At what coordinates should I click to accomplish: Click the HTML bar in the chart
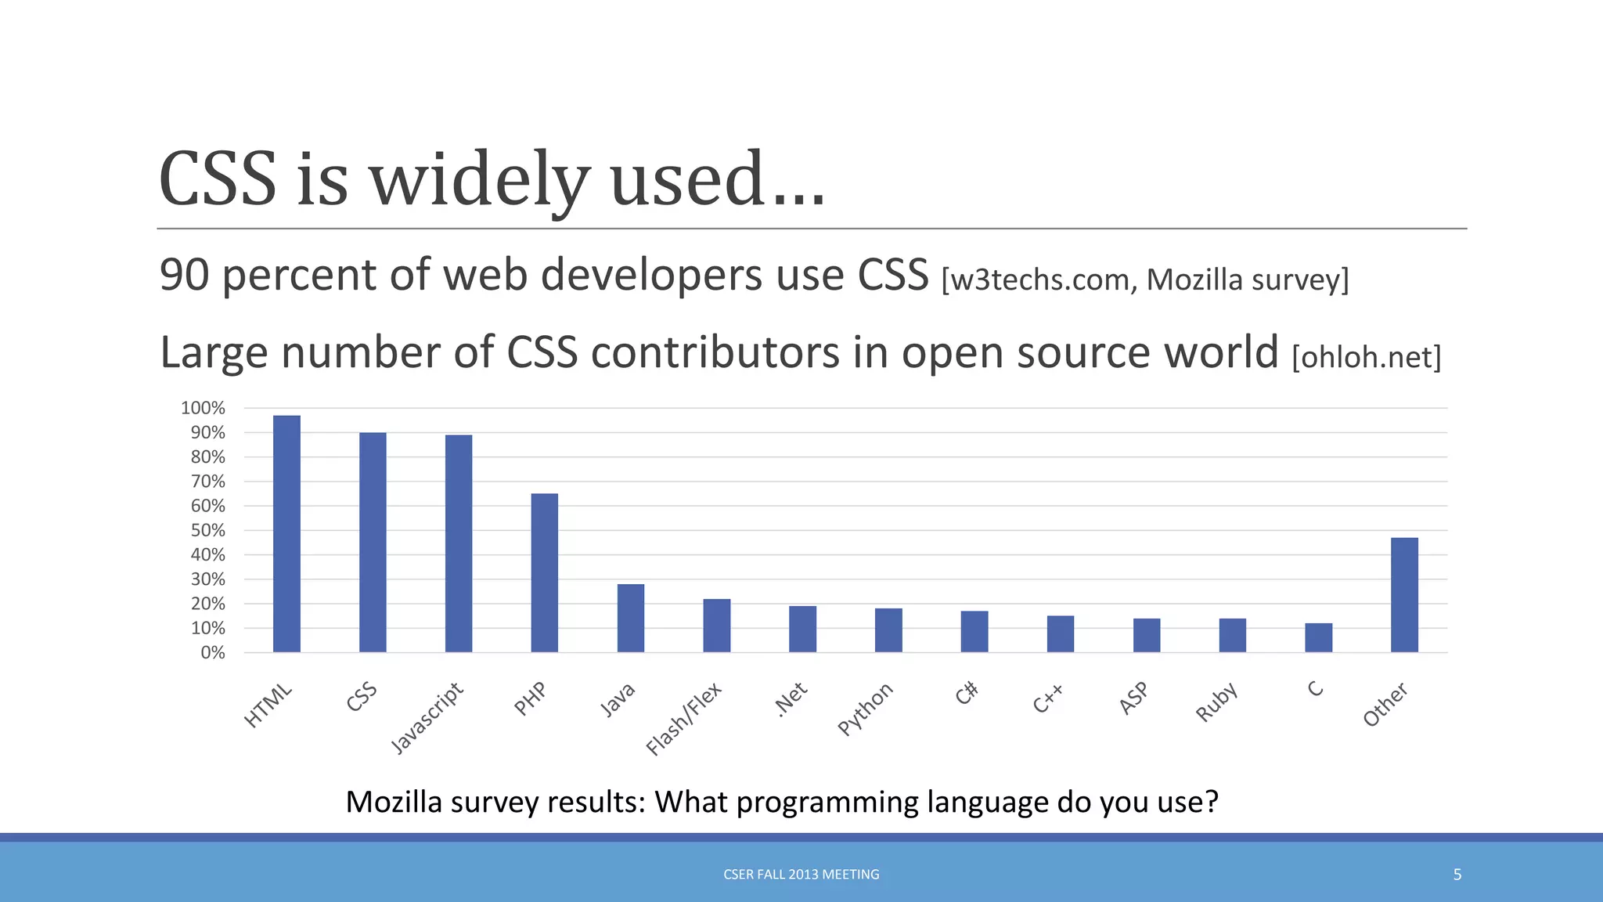click(x=286, y=533)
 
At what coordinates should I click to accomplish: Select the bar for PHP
click(x=545, y=572)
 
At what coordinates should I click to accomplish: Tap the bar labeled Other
click(x=1404, y=594)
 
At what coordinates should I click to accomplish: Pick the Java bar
click(x=631, y=618)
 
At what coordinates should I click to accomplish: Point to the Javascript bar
click(x=459, y=543)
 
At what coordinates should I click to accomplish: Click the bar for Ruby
click(x=1233, y=635)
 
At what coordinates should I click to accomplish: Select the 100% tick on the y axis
click(x=203, y=408)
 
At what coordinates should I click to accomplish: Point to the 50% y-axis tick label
click(x=207, y=530)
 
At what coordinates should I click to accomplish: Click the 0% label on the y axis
click(x=212, y=653)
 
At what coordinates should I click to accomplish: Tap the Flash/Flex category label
click(x=683, y=719)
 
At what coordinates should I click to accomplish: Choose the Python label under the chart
click(x=864, y=709)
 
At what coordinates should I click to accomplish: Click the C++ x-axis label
click(x=1047, y=698)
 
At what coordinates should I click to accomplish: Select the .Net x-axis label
click(x=790, y=699)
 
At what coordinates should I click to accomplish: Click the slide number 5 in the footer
click(x=1457, y=875)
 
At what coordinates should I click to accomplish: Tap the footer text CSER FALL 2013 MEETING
click(x=801, y=875)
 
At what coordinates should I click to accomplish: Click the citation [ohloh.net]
click(x=1366, y=357)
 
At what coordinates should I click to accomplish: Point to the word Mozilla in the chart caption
click(x=394, y=802)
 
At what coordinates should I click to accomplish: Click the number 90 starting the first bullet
click(x=184, y=275)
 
